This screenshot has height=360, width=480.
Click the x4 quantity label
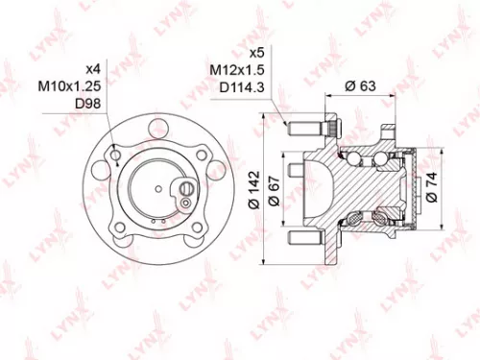click(93, 69)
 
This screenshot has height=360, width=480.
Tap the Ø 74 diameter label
click(433, 182)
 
